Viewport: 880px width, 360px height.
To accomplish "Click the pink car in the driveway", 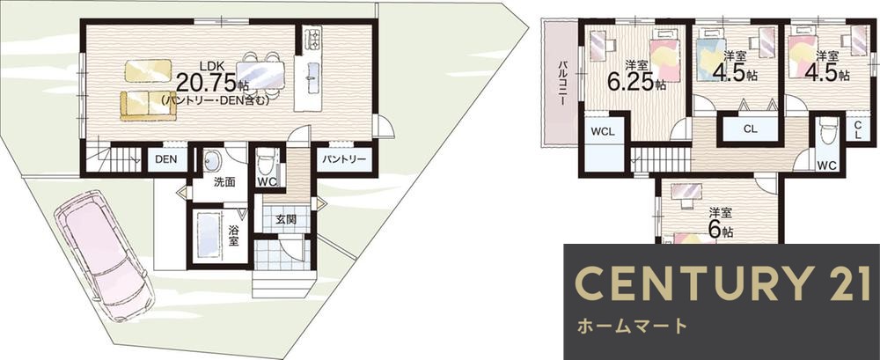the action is click(102, 256).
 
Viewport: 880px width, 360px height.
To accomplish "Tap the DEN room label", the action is click(166, 159).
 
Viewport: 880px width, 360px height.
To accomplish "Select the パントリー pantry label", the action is click(344, 159).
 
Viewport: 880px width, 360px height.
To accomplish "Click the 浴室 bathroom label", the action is click(233, 236).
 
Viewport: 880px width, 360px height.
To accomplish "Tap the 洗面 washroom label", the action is click(224, 182).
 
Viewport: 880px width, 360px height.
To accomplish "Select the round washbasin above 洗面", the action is click(212, 161).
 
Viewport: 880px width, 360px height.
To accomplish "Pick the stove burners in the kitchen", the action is click(312, 39).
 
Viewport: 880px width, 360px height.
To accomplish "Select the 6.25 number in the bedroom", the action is click(630, 83).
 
